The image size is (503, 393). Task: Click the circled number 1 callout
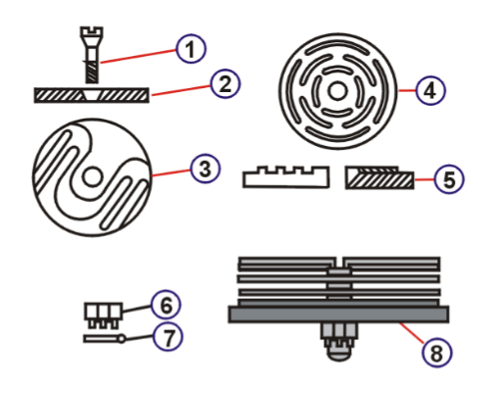tap(191, 49)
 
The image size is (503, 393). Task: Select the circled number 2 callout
tap(226, 83)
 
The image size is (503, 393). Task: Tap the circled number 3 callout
tap(205, 169)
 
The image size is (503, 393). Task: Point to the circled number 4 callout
tap(430, 90)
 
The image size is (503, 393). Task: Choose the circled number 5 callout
tap(449, 179)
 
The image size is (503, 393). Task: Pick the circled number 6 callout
tap(166, 305)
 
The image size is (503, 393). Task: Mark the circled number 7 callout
tap(168, 336)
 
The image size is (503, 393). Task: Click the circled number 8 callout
tap(437, 353)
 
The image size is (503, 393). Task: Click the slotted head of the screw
tap(91, 32)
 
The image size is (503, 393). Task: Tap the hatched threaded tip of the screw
tap(92, 72)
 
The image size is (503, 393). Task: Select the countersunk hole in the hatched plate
tap(91, 95)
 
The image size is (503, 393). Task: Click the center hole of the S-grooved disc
tap(92, 176)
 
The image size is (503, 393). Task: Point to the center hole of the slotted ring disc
tap(337, 91)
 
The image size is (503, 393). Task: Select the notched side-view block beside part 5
tap(286, 176)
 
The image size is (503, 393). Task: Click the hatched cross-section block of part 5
tap(379, 177)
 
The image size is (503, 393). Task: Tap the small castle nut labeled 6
tap(103, 315)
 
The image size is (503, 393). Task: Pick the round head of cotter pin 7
tap(122, 339)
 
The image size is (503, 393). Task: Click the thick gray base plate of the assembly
tap(338, 315)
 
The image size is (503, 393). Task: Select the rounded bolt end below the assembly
tap(339, 354)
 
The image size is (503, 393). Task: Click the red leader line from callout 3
tap(171, 172)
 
